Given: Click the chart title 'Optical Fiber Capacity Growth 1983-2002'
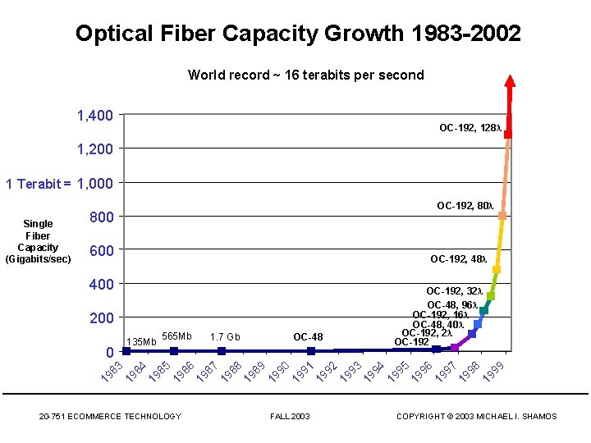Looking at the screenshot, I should pos(297,34).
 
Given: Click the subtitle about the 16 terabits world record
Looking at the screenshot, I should pos(305,75).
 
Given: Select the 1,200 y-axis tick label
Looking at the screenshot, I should pos(95,149).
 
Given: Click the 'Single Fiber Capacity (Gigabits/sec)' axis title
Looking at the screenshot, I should pos(38,241).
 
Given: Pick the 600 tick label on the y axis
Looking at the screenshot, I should pos(101,251).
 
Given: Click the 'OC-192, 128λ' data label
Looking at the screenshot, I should pos(470,129).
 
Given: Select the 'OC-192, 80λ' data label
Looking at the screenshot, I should pos(465,207).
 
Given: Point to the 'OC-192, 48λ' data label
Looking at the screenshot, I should pos(458,259).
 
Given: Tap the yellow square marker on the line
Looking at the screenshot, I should pos(496,270).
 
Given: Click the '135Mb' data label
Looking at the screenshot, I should pos(141,341).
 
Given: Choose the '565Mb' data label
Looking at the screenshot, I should pos(176,336).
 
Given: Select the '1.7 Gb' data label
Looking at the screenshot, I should pos(225,336).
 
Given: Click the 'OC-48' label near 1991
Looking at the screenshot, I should pos(308,336).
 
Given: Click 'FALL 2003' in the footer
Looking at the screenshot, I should pos(290,417).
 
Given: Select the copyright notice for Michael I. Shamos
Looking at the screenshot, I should pos(476,417).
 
